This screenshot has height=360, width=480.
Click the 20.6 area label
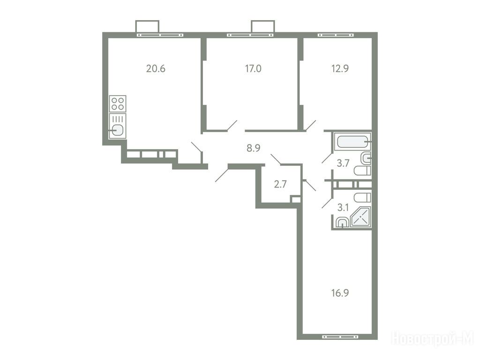pyautogui.click(x=156, y=68)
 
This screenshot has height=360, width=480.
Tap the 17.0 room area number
pyautogui.click(x=253, y=68)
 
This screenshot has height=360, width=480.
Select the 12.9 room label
pyautogui.click(x=340, y=68)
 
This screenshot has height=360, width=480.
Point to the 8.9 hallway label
pyautogui.click(x=253, y=148)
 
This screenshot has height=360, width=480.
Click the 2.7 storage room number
pyautogui.click(x=280, y=184)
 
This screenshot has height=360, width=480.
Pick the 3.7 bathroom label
pyautogui.click(x=343, y=163)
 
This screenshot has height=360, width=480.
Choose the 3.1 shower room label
pyautogui.click(x=343, y=208)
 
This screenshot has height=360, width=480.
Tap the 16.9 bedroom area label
pyautogui.click(x=340, y=293)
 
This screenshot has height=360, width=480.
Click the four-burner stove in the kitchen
pyautogui.click(x=118, y=104)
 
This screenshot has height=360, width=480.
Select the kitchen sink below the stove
pyautogui.click(x=118, y=126)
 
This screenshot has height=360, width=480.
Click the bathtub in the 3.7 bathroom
pyautogui.click(x=352, y=142)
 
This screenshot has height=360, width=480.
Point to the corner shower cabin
pyautogui.click(x=361, y=217)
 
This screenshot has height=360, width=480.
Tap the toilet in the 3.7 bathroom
pyautogui.click(x=362, y=171)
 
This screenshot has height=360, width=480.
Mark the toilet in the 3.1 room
pyautogui.click(x=362, y=197)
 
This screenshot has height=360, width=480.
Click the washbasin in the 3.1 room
pyautogui.click(x=342, y=222)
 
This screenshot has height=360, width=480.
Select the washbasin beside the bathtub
pyautogui.click(x=367, y=158)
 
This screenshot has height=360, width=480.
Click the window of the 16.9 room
pyautogui.click(x=340, y=337)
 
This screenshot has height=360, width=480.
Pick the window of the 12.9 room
pyautogui.click(x=336, y=35)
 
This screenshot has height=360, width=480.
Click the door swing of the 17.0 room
pyautogui.click(x=232, y=126)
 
